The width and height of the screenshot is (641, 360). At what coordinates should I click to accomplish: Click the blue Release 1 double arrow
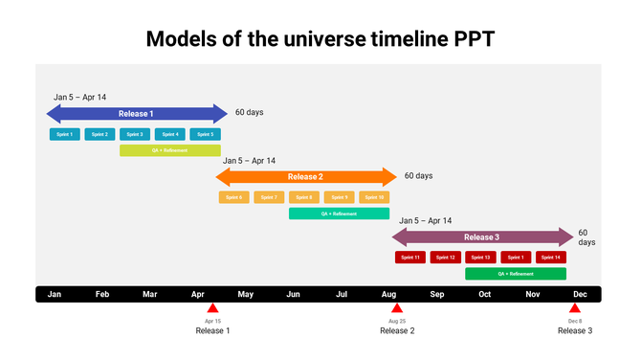click(137, 114)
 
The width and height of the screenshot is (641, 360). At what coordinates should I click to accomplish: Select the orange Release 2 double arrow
click(305, 177)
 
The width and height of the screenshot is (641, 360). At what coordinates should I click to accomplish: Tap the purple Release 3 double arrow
click(481, 237)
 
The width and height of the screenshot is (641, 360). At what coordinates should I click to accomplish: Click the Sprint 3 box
click(135, 134)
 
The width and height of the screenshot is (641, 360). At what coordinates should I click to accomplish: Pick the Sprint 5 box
click(205, 134)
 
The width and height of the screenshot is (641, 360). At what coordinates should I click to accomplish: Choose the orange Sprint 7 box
click(269, 197)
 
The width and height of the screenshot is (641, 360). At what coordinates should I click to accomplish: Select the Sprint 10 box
click(374, 197)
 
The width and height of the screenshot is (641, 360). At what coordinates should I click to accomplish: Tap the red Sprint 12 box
click(445, 258)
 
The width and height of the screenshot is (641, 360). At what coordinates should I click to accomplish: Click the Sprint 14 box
click(550, 258)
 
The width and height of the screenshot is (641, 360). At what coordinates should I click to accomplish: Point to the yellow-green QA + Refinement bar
click(169, 150)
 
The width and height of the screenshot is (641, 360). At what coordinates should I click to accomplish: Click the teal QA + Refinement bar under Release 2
click(339, 214)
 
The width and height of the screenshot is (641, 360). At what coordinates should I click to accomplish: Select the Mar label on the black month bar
click(149, 294)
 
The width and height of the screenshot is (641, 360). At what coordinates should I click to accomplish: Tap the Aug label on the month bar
click(388, 294)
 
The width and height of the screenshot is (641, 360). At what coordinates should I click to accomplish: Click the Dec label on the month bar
click(580, 294)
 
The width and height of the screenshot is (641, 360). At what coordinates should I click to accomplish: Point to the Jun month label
click(293, 294)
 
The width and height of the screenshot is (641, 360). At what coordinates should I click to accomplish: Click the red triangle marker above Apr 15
click(212, 309)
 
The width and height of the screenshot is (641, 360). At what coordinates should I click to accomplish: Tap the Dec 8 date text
click(575, 321)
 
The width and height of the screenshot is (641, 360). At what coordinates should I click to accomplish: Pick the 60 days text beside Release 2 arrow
click(418, 176)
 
